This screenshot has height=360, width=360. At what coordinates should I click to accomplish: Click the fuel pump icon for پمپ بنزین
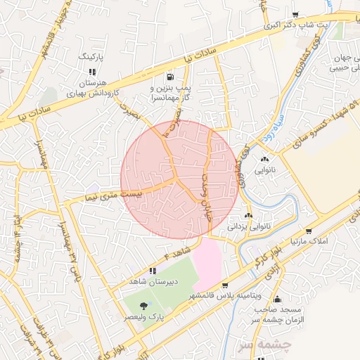pos(170,77)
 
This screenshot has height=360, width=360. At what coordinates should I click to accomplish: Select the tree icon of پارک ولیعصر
pos(144,305)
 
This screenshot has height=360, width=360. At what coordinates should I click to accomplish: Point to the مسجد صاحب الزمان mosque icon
pos(278,299)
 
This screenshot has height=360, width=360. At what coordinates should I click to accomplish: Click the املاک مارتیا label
pos(309,242)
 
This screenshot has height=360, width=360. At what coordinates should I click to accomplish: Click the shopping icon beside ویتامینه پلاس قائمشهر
pos(224,285)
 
